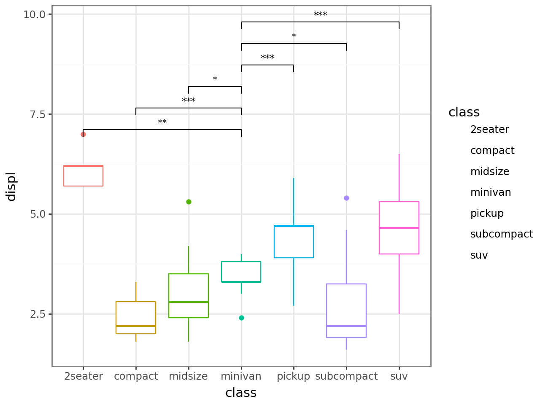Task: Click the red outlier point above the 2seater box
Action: [x=83, y=134]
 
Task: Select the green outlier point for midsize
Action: [x=189, y=202]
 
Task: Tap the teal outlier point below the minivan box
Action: [x=241, y=318]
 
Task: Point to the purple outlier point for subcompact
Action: [x=346, y=198]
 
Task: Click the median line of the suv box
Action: [x=399, y=228]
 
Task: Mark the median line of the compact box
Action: [x=136, y=326]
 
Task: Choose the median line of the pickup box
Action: [x=294, y=226]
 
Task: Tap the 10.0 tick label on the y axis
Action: [x=34, y=14]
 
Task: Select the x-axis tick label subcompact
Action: [x=346, y=376]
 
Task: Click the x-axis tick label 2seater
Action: [x=84, y=376]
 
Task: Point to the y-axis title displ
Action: [x=11, y=186]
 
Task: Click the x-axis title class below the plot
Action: [x=241, y=393]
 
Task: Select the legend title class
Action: [x=464, y=112]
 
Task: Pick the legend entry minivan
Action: [x=491, y=192]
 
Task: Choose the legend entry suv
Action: [x=479, y=255]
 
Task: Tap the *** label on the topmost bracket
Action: [x=320, y=15]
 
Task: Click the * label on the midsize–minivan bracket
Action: [x=215, y=79]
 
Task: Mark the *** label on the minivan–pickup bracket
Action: [x=267, y=58]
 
